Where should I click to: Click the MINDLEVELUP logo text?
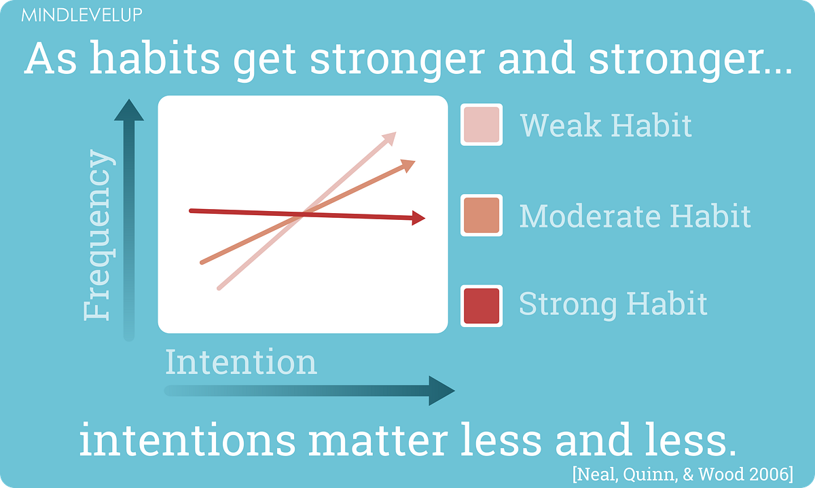[81, 15]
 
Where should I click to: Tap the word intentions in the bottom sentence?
[187, 439]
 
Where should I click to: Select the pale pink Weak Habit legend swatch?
[482, 125]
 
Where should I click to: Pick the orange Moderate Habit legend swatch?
[482, 215]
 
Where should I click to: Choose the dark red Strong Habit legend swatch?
[482, 306]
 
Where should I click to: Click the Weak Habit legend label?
[606, 125]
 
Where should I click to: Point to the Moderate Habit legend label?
[635, 216]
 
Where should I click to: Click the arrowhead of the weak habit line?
[390, 138]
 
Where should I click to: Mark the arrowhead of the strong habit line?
[418, 218]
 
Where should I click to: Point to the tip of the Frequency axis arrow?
[129, 99]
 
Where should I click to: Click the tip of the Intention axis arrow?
[454, 390]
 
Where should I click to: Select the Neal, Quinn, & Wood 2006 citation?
[683, 474]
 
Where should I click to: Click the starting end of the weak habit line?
[219, 288]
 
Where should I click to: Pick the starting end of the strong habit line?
[191, 211]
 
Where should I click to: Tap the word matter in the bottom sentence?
[378, 439]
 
